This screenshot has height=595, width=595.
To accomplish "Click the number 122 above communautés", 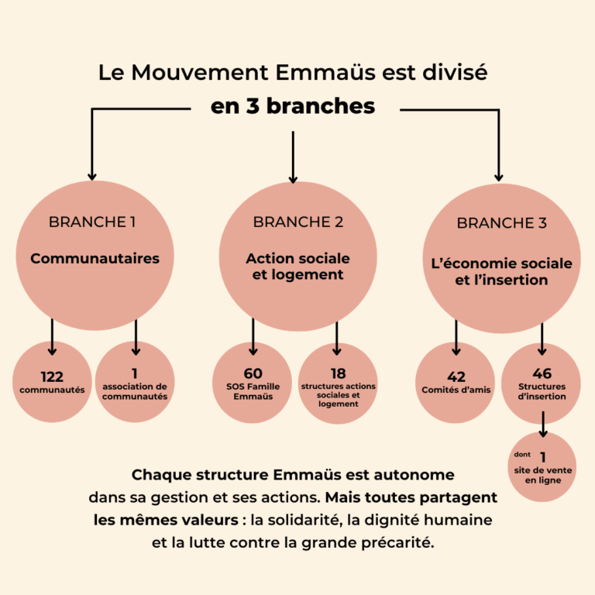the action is pyautogui.click(x=52, y=377).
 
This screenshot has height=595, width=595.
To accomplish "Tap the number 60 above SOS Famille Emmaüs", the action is pyautogui.click(x=253, y=373).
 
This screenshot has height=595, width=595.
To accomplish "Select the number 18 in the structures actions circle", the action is pyautogui.click(x=338, y=373).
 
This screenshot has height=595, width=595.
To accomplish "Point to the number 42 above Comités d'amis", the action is pyautogui.click(x=456, y=377).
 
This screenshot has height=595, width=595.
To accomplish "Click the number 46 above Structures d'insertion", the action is pyautogui.click(x=542, y=373).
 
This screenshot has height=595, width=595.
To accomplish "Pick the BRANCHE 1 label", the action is pyautogui.click(x=92, y=222).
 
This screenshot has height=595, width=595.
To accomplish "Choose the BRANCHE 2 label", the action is pyautogui.click(x=297, y=222).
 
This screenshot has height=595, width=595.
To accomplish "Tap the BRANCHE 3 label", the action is pyautogui.click(x=502, y=223).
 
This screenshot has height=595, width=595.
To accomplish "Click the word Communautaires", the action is pyautogui.click(x=95, y=259).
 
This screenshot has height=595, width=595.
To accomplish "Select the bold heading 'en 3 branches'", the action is pyautogui.click(x=293, y=106).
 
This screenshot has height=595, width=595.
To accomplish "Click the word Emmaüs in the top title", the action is pyautogui.click(x=326, y=72).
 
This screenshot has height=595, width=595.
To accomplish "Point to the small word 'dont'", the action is pyautogui.click(x=522, y=454).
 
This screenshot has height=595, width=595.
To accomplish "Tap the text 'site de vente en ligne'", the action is pyautogui.click(x=543, y=475).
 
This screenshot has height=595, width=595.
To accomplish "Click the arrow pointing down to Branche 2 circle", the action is pyautogui.click(x=293, y=157).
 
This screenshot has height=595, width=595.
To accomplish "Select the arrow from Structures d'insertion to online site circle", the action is pyautogui.click(x=543, y=425).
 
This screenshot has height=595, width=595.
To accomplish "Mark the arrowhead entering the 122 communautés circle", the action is pyautogui.click(x=53, y=352).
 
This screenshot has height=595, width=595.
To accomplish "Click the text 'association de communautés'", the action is pyautogui.click(x=135, y=391).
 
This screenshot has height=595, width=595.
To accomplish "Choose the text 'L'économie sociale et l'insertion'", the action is pyautogui.click(x=502, y=272).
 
